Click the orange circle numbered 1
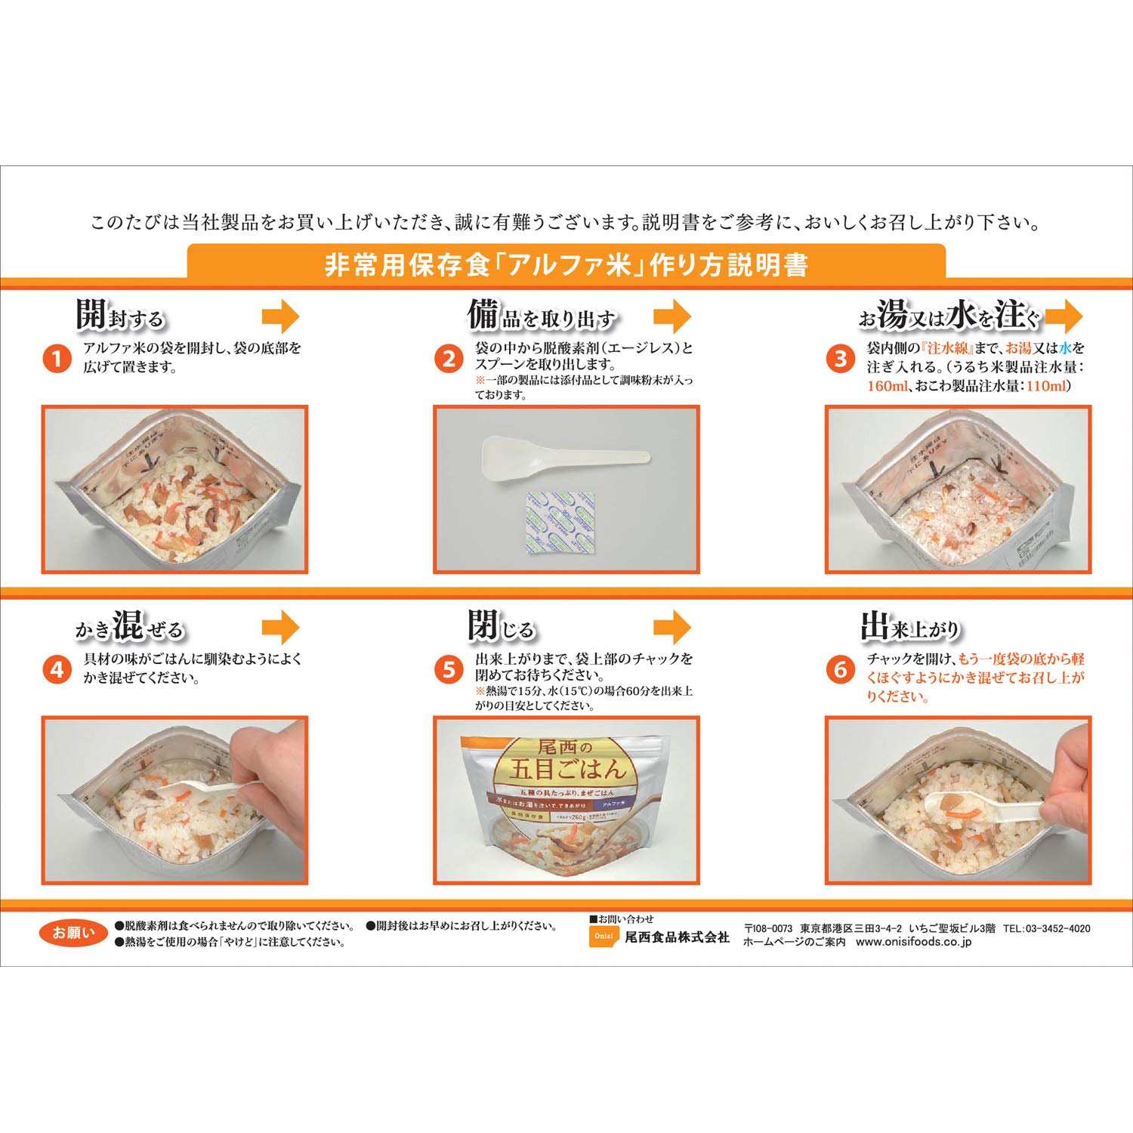[x=56, y=358]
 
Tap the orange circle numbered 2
[x=449, y=358]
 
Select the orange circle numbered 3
[x=840, y=358]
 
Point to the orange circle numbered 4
[x=56, y=669]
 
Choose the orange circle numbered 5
[x=449, y=669]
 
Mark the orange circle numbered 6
[x=840, y=669]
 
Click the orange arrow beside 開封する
[x=281, y=316]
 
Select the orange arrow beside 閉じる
[x=672, y=627]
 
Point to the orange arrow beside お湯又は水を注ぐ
[x=1065, y=316]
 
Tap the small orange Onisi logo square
[x=604, y=937]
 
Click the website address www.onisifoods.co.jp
[x=913, y=942]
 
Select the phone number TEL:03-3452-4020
[x=1047, y=928]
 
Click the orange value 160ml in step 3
[x=887, y=386]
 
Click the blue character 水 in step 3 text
[x=1065, y=348]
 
